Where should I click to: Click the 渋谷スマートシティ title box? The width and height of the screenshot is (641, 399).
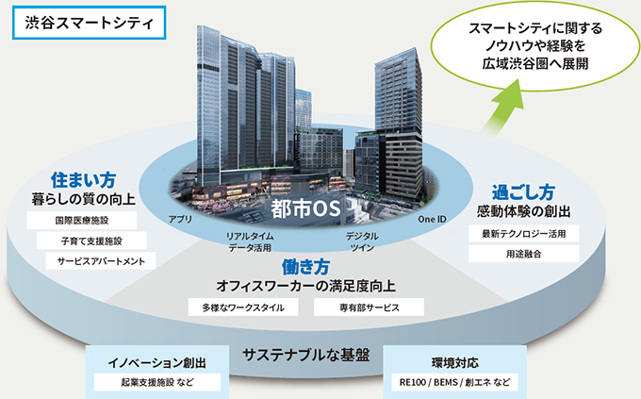[90, 23]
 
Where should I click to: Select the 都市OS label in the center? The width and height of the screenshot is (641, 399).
[305, 208]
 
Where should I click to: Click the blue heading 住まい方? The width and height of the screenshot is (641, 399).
[83, 180]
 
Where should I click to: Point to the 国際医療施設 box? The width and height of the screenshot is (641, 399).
[82, 221]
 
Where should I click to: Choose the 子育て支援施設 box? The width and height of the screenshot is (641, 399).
[91, 241]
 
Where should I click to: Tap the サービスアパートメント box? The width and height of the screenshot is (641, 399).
[101, 261]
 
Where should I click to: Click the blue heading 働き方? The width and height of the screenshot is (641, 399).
[305, 267]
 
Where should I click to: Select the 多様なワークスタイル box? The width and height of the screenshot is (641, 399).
[243, 308]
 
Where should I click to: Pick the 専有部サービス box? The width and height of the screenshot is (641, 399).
[369, 308]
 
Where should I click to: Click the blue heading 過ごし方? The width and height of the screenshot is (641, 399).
[523, 192]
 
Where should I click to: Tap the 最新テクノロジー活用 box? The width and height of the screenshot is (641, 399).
[524, 234]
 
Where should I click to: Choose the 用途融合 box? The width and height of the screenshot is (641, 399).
[524, 254]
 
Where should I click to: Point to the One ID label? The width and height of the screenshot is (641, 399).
[432, 220]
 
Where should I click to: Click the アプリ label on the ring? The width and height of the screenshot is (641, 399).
[180, 220]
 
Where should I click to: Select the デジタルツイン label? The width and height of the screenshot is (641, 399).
[362, 241]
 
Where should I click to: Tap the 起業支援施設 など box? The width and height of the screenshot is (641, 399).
[157, 382]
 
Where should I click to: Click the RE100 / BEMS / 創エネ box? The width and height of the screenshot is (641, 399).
[454, 382]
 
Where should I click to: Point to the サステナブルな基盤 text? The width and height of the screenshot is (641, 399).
[305, 355]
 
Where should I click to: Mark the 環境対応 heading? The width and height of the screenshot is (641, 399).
[454, 363]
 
